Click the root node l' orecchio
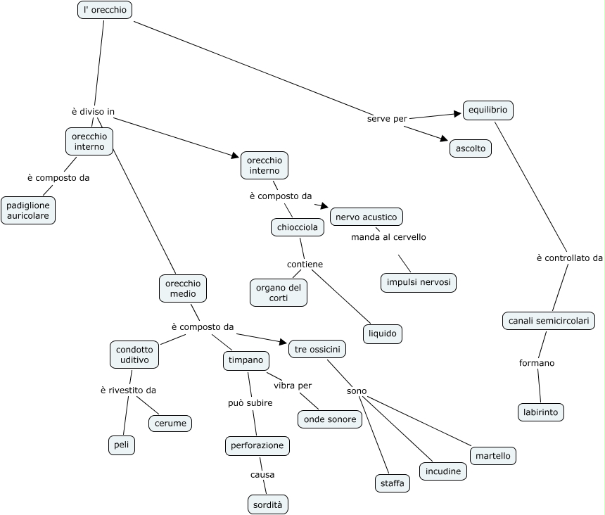point(104,11)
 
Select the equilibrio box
point(488,110)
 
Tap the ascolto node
point(471,148)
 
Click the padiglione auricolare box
point(28,210)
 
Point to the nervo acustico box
point(367,217)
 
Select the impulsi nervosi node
point(419,283)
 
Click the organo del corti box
point(279,293)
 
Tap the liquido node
point(383,333)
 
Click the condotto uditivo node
point(134,355)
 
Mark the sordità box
point(269,504)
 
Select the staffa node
point(392,483)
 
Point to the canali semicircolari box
point(549,321)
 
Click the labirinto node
point(540,412)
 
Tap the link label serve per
point(387,119)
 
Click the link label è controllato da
point(569,258)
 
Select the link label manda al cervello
point(388,237)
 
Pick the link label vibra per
point(293,386)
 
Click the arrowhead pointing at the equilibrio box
point(457,113)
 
